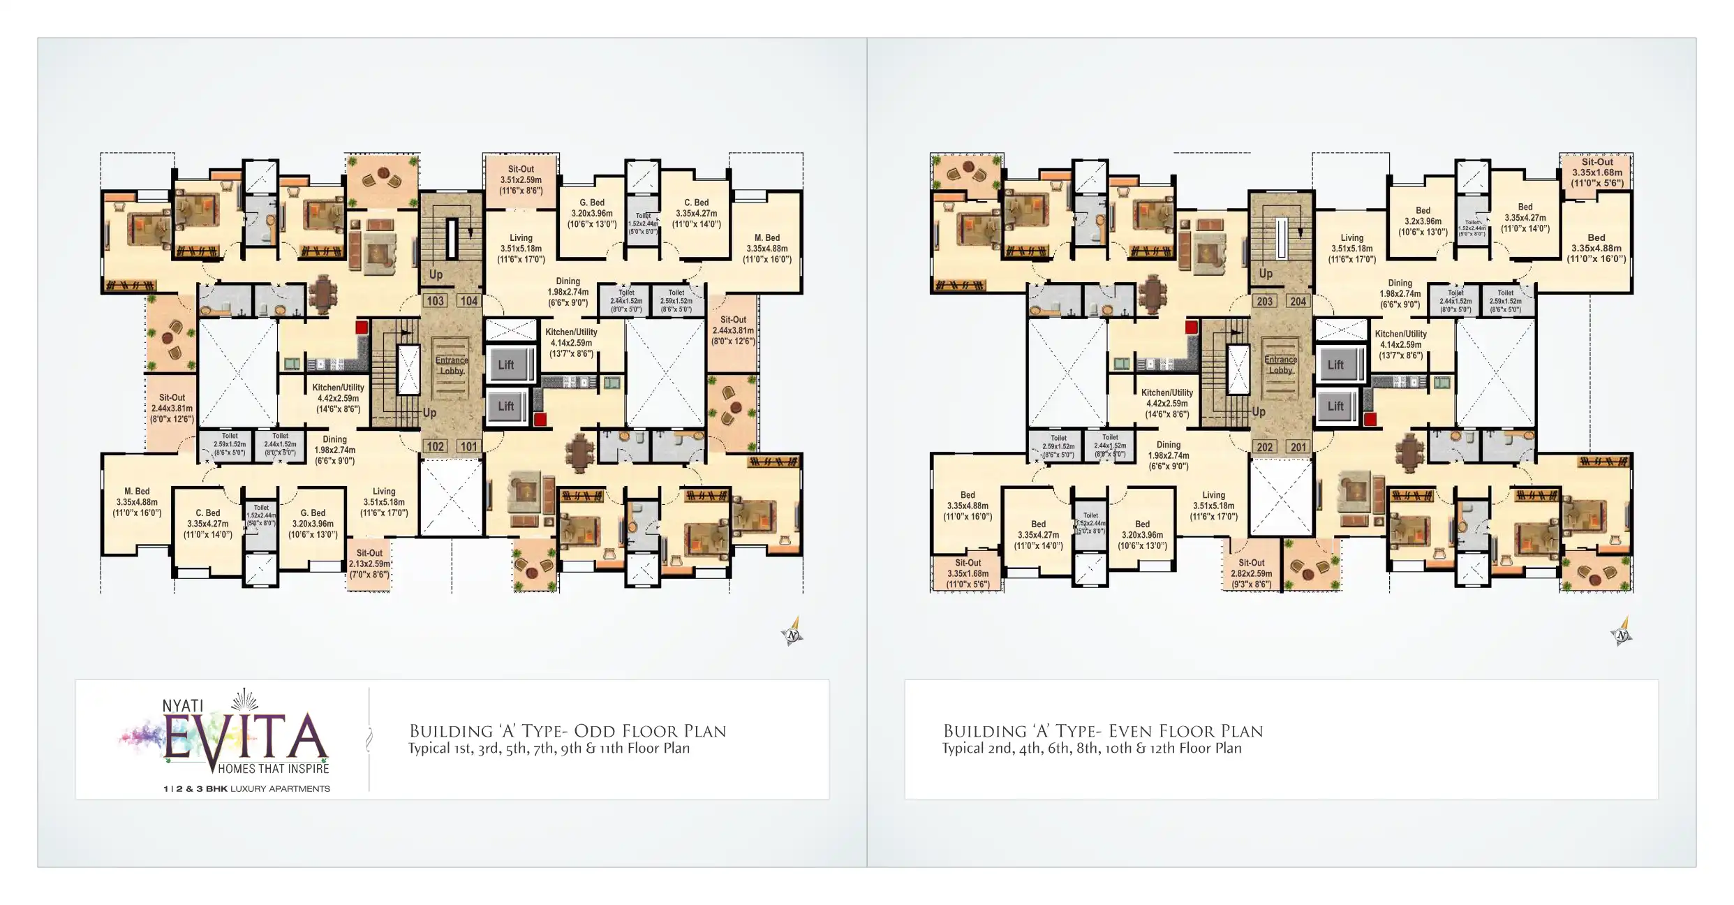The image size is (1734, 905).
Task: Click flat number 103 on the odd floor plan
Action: (435, 301)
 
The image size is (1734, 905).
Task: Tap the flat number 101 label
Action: (468, 447)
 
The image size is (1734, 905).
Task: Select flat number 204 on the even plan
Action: (1298, 302)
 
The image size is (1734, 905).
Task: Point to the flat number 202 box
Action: (1264, 447)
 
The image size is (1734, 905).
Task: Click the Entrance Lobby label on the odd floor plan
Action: (452, 365)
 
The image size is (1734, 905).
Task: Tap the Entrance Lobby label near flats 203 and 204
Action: (1280, 365)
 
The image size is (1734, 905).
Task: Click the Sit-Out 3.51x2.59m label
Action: (521, 179)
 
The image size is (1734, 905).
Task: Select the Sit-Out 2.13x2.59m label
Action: (369, 564)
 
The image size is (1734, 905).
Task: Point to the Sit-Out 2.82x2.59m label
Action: (1252, 573)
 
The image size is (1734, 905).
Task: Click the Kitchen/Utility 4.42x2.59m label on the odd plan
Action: (338, 398)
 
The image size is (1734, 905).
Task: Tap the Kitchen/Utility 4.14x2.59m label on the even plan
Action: (1400, 344)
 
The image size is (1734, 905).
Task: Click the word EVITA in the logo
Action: (244, 737)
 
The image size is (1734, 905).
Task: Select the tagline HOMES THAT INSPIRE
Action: (273, 769)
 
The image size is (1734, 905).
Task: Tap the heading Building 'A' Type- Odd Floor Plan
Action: (568, 731)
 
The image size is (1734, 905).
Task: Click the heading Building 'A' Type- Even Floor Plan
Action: (1103, 731)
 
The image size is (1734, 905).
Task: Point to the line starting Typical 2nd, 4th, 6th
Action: (1092, 749)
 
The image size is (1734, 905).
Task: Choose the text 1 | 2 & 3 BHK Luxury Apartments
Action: (246, 789)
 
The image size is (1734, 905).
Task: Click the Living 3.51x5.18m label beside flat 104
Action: (521, 249)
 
